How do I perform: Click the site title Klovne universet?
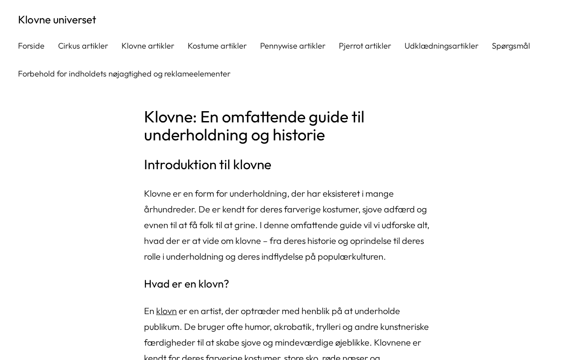click(x=57, y=20)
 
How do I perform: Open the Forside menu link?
click(x=31, y=46)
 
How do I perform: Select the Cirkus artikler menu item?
click(x=83, y=46)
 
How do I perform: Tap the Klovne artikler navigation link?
click(x=148, y=46)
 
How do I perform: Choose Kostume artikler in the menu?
click(x=217, y=46)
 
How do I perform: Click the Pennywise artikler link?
click(x=292, y=46)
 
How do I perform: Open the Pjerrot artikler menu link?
click(x=364, y=46)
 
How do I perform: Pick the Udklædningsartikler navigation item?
click(x=441, y=46)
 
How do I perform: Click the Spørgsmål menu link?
click(x=511, y=46)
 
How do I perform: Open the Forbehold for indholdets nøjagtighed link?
click(x=124, y=74)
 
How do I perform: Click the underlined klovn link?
click(x=166, y=311)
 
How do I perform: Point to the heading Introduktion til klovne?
click(x=207, y=165)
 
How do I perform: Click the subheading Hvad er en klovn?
click(x=186, y=284)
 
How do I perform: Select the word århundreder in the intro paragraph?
click(x=170, y=209)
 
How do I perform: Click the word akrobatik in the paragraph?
click(x=292, y=327)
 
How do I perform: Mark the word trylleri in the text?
click(x=332, y=327)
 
